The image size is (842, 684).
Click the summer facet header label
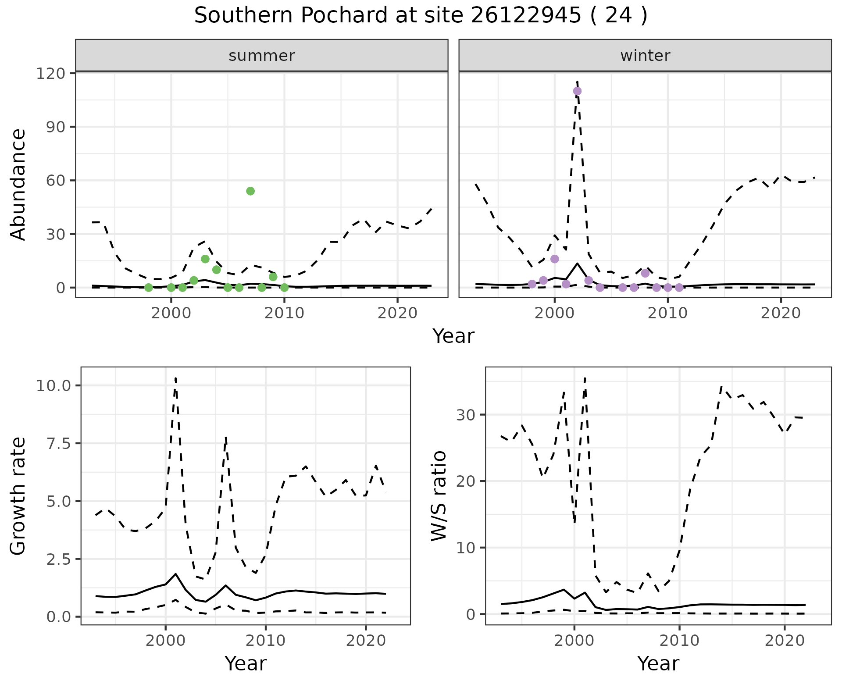point(262,56)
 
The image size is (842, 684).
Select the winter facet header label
point(645,56)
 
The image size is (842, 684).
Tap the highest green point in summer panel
point(250,191)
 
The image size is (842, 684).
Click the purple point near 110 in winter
point(577,91)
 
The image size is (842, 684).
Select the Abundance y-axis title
point(18,184)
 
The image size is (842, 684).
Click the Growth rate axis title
point(18,496)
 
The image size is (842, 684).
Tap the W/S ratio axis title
point(439,496)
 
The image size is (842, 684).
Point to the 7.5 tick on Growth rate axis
point(60,443)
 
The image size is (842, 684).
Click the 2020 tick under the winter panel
point(781,313)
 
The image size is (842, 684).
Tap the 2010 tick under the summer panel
point(284,313)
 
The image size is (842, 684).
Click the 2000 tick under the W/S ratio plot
point(574,641)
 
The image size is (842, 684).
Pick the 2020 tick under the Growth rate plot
point(366,641)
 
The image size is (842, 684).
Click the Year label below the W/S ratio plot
point(658,663)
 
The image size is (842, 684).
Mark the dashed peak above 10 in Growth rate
point(175,378)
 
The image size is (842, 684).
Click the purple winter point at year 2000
point(555,259)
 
